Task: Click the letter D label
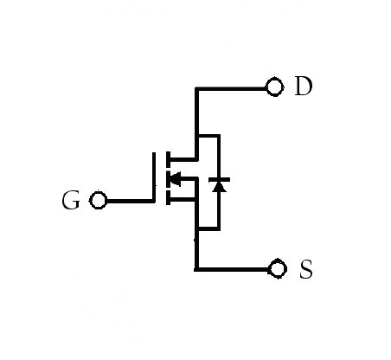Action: coord(304,86)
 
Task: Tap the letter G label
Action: coord(71,200)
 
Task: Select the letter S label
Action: coord(306,269)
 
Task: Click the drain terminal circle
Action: coord(274,87)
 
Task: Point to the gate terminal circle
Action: coord(99,200)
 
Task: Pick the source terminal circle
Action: coord(278,269)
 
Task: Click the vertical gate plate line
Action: coord(154,177)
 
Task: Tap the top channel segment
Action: coord(168,159)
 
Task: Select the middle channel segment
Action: coord(168,178)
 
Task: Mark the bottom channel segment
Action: coord(168,197)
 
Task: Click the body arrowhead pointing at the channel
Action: coord(176,179)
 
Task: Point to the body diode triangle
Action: coord(219,187)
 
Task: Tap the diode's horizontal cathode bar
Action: coord(219,180)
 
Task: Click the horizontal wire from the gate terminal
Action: coord(130,201)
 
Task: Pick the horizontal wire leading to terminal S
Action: coord(234,270)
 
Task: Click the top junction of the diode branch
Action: coord(197,136)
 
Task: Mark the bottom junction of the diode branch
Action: coord(197,228)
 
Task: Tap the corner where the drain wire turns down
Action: coord(197,89)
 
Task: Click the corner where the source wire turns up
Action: coord(196,270)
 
